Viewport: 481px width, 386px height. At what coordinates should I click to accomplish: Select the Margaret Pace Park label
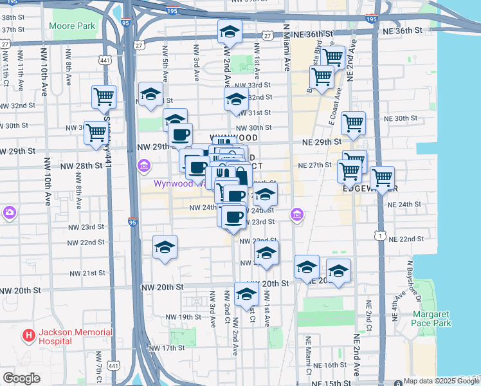[x=432, y=319]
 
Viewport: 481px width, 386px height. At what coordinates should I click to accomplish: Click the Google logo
[x=21, y=378]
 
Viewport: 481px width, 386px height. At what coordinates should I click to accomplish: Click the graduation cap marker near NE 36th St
[x=230, y=32]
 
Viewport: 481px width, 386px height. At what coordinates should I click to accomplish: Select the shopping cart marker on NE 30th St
[x=353, y=122]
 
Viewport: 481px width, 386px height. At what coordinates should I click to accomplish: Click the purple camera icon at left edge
[x=9, y=212]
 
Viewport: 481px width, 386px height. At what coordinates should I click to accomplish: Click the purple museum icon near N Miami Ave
[x=296, y=215]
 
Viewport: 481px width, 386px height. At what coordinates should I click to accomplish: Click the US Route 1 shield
[x=382, y=237]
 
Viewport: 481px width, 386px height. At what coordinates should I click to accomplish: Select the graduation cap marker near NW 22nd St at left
[x=165, y=246]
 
